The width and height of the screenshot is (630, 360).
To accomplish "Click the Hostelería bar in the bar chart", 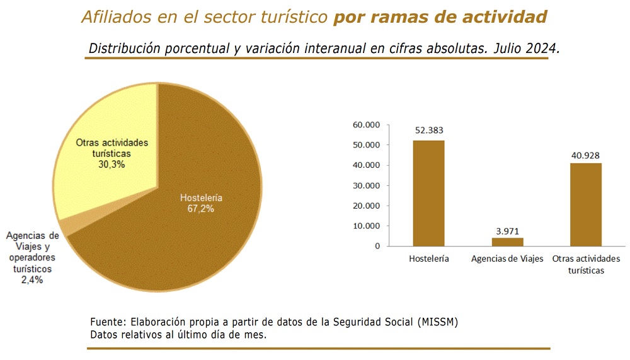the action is click(428, 193).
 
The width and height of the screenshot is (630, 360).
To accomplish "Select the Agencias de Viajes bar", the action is click(507, 241).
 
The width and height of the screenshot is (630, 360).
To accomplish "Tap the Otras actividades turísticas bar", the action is click(586, 204).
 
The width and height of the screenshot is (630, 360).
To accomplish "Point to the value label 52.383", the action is click(429, 131).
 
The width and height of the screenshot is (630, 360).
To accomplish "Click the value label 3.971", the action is click(507, 231).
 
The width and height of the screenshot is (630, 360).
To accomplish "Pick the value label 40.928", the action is click(585, 156).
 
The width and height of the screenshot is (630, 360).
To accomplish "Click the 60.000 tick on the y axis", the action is click(367, 125).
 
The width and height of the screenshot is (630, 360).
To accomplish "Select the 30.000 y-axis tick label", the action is click(367, 185).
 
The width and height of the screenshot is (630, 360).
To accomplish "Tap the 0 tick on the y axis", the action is click(377, 246).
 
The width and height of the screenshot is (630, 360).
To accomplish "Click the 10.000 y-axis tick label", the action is click(367, 226).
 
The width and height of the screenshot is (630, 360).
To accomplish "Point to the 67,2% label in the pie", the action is click(200, 209).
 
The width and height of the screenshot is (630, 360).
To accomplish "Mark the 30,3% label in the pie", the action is click(112, 165).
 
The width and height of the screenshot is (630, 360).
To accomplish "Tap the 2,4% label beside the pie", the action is click(32, 280).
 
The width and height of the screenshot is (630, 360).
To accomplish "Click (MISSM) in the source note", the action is click(438, 322).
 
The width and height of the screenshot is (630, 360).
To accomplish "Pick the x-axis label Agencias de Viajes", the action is click(507, 258).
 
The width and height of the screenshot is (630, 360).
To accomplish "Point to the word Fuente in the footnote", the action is click(108, 322).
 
